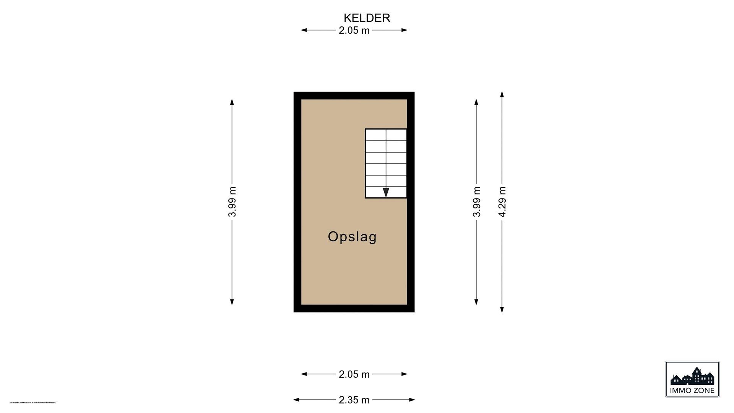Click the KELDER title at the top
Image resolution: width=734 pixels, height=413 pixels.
367,18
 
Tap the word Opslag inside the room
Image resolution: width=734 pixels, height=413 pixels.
352,237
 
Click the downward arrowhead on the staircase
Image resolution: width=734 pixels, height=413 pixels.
386,192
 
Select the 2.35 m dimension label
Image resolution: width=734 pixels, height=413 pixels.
354,400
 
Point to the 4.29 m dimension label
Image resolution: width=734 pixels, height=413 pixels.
502,202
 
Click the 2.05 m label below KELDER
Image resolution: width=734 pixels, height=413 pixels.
354,30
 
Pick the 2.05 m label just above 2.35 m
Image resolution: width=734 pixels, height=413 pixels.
354,374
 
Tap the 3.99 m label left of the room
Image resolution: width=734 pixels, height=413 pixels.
232,202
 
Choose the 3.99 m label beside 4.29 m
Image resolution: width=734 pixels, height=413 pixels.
476,202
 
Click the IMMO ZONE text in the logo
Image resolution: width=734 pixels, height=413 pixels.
692,390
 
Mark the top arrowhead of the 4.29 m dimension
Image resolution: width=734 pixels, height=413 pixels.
502,94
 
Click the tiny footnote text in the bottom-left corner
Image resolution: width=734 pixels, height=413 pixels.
33,402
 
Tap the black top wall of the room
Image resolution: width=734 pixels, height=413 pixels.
354,95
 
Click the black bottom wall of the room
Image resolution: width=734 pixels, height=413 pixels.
354,309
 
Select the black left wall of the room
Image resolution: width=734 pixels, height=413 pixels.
297,202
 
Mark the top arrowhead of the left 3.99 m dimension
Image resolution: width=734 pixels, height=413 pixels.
232,102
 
